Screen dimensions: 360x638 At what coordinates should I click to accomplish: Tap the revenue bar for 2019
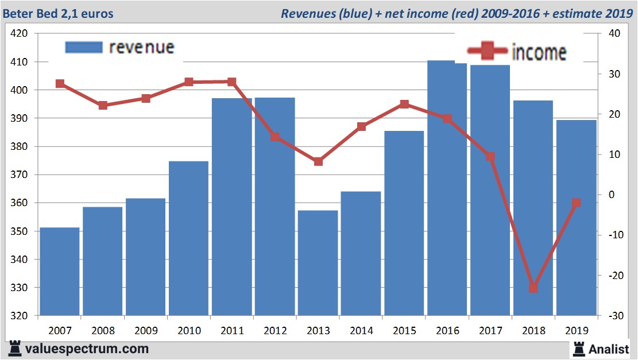(x=577, y=218)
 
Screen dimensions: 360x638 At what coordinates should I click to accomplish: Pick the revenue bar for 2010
(x=189, y=238)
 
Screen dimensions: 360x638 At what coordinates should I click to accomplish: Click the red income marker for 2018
(x=533, y=288)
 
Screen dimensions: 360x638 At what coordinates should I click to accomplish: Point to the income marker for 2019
(x=577, y=203)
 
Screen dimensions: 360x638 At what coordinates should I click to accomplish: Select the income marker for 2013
(x=318, y=161)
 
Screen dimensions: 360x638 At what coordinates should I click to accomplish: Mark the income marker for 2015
(x=404, y=104)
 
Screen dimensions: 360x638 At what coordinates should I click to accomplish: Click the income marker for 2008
(x=103, y=106)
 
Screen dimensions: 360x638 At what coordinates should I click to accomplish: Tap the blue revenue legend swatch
(x=83, y=47)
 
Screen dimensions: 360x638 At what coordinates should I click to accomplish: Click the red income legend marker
(x=488, y=52)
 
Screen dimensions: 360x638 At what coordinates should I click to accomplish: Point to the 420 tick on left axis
(x=20, y=33)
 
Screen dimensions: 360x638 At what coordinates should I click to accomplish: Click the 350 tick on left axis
(x=20, y=231)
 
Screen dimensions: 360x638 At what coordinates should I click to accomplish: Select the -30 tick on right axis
(x=613, y=316)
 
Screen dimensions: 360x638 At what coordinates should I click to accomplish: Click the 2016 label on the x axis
(x=447, y=331)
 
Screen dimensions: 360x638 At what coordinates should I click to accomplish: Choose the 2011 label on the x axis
(x=232, y=331)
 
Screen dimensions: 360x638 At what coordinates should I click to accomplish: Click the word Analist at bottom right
(x=609, y=349)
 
